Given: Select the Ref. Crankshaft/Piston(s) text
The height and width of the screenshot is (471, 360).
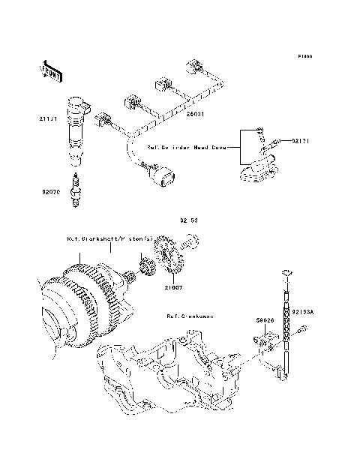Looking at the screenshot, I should (x=109, y=240).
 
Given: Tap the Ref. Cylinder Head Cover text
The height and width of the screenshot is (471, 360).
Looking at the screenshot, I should (x=184, y=148).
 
